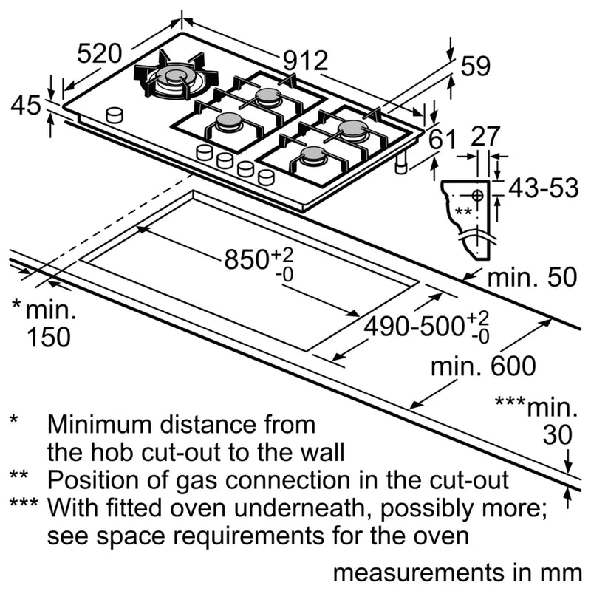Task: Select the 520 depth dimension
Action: click(99, 54)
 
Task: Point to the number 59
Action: click(475, 66)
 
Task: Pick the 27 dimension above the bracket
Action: click(485, 137)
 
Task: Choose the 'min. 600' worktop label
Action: click(484, 366)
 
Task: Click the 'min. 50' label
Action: click(531, 278)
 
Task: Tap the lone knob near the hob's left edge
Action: click(115, 115)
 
